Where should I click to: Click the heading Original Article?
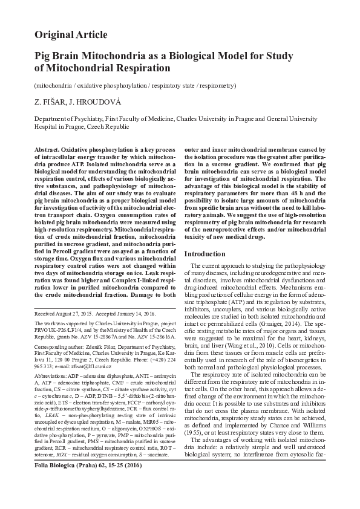coord(71,34)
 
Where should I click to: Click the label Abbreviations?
coord(50,375)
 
